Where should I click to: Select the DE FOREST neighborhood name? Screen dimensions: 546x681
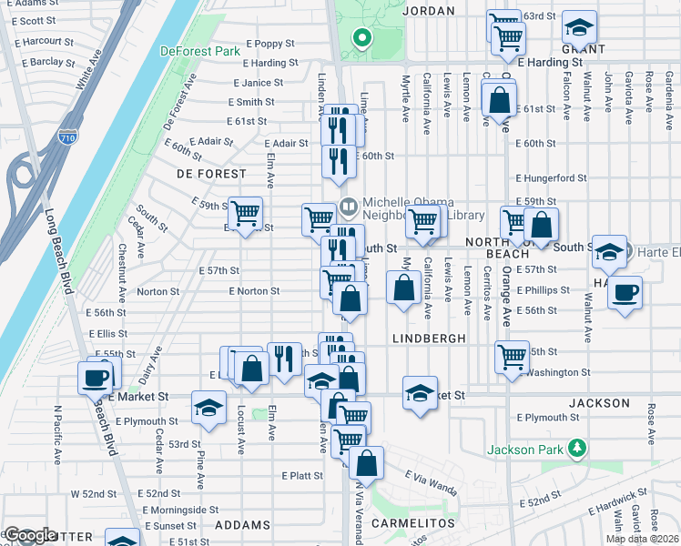[x=211, y=173]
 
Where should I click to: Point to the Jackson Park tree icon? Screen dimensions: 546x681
[x=575, y=448]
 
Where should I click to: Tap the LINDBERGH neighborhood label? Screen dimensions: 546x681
[x=430, y=338]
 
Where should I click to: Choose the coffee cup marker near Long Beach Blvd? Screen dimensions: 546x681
[x=95, y=376]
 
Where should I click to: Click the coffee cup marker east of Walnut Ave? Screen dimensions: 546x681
[x=625, y=293]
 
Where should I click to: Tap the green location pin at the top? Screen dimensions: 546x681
[x=361, y=37]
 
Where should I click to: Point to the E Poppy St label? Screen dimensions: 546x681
[x=269, y=43]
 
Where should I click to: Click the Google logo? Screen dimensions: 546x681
[x=31, y=535]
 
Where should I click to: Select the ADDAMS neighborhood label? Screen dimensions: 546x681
[x=244, y=525]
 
